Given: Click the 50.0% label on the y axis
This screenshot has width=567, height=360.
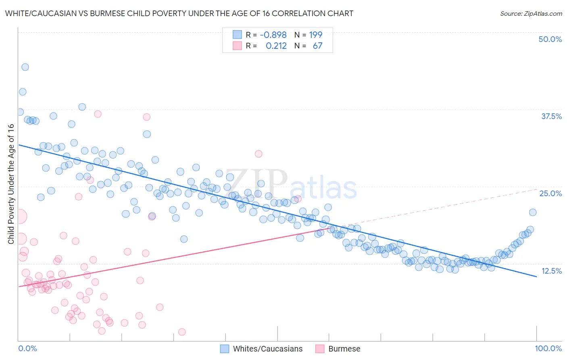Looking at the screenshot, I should pyautogui.click(x=550, y=39).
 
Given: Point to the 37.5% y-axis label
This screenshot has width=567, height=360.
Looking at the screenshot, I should pyautogui.click(x=551, y=116).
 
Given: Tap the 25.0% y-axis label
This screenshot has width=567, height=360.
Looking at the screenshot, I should pyautogui.click(x=550, y=193).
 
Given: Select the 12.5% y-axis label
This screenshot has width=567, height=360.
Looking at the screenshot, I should pyautogui.click(x=551, y=271).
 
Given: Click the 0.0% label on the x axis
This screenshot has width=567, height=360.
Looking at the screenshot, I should pyautogui.click(x=27, y=348).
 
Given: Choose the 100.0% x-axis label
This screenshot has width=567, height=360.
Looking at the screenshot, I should pyautogui.click(x=548, y=348).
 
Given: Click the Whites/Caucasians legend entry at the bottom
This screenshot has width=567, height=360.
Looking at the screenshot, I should pyautogui.click(x=267, y=349).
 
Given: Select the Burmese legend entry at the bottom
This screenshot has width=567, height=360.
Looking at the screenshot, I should pyautogui.click(x=344, y=349).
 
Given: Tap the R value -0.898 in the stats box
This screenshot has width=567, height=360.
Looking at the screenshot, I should pyautogui.click(x=273, y=35).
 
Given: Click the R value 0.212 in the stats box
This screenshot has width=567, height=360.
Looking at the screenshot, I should pyautogui.click(x=276, y=46).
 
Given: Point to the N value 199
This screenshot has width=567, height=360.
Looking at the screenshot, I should pyautogui.click(x=316, y=35).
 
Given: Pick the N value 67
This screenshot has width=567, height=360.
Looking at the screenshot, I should pyautogui.click(x=318, y=46).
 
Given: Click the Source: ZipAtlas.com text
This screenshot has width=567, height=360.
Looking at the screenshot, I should pyautogui.click(x=531, y=13).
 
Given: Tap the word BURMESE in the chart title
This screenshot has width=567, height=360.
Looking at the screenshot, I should pyautogui.click(x=107, y=13).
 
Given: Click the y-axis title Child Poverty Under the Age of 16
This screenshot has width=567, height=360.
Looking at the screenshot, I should pyautogui.click(x=11, y=184).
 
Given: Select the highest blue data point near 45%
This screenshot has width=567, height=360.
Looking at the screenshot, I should pyautogui.click(x=25, y=67).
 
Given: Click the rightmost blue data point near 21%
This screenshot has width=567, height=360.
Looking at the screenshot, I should pyautogui.click(x=533, y=212).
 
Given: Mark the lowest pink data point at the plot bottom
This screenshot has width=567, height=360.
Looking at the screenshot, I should pyautogui.click(x=182, y=332).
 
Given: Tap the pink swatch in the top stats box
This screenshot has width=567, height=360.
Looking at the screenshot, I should pyautogui.click(x=237, y=46).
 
